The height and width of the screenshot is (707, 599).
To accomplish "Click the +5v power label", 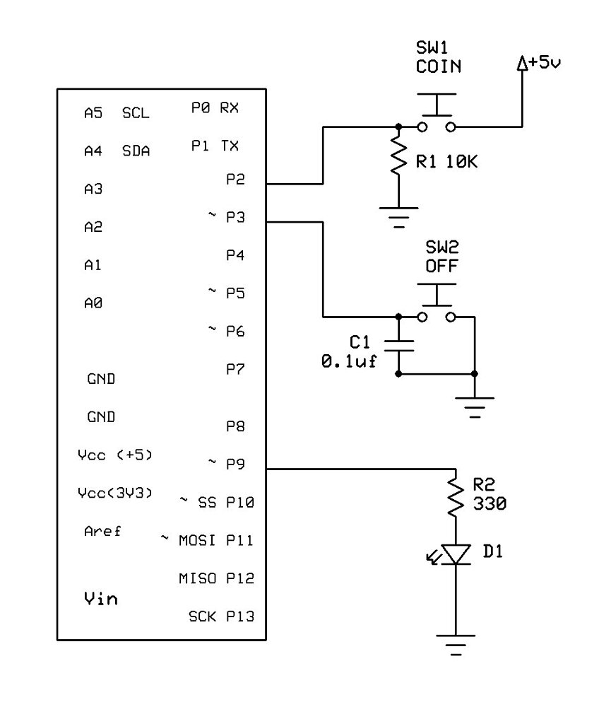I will [539, 64].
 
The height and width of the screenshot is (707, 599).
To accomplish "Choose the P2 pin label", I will [235, 180].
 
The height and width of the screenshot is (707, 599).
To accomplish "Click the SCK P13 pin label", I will [220, 616].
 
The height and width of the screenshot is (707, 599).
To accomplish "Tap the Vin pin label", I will [101, 599].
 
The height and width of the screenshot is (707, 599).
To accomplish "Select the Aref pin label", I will [102, 531].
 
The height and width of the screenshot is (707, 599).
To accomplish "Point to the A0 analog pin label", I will [93, 303].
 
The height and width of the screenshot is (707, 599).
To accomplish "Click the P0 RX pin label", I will [215, 107].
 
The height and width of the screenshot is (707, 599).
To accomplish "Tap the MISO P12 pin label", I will [215, 578].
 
